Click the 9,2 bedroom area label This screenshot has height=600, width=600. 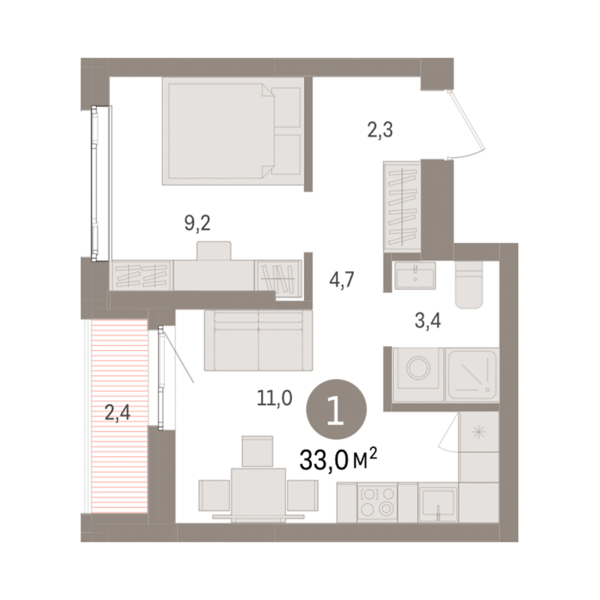(198, 223)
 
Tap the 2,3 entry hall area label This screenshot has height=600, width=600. (380, 130)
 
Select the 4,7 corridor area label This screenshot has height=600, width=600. (341, 280)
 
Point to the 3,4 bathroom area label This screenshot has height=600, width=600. (428, 320)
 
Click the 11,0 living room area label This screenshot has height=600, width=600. (274, 398)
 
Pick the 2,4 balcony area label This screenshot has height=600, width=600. (117, 412)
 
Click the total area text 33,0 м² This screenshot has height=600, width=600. (338, 459)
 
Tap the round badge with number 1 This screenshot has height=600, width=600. (337, 409)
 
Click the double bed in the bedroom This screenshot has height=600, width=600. (233, 131)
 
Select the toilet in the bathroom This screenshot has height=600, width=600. (469, 284)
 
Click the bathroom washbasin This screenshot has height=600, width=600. (415, 276)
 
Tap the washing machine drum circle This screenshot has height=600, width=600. (418, 368)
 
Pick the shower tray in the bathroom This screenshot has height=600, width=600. (472, 375)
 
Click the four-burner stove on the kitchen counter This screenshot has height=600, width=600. (377, 502)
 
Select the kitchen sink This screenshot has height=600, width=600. (438, 503)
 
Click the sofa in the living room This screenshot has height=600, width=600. (259, 341)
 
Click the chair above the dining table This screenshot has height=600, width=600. (258, 452)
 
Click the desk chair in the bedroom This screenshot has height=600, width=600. (214, 251)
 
